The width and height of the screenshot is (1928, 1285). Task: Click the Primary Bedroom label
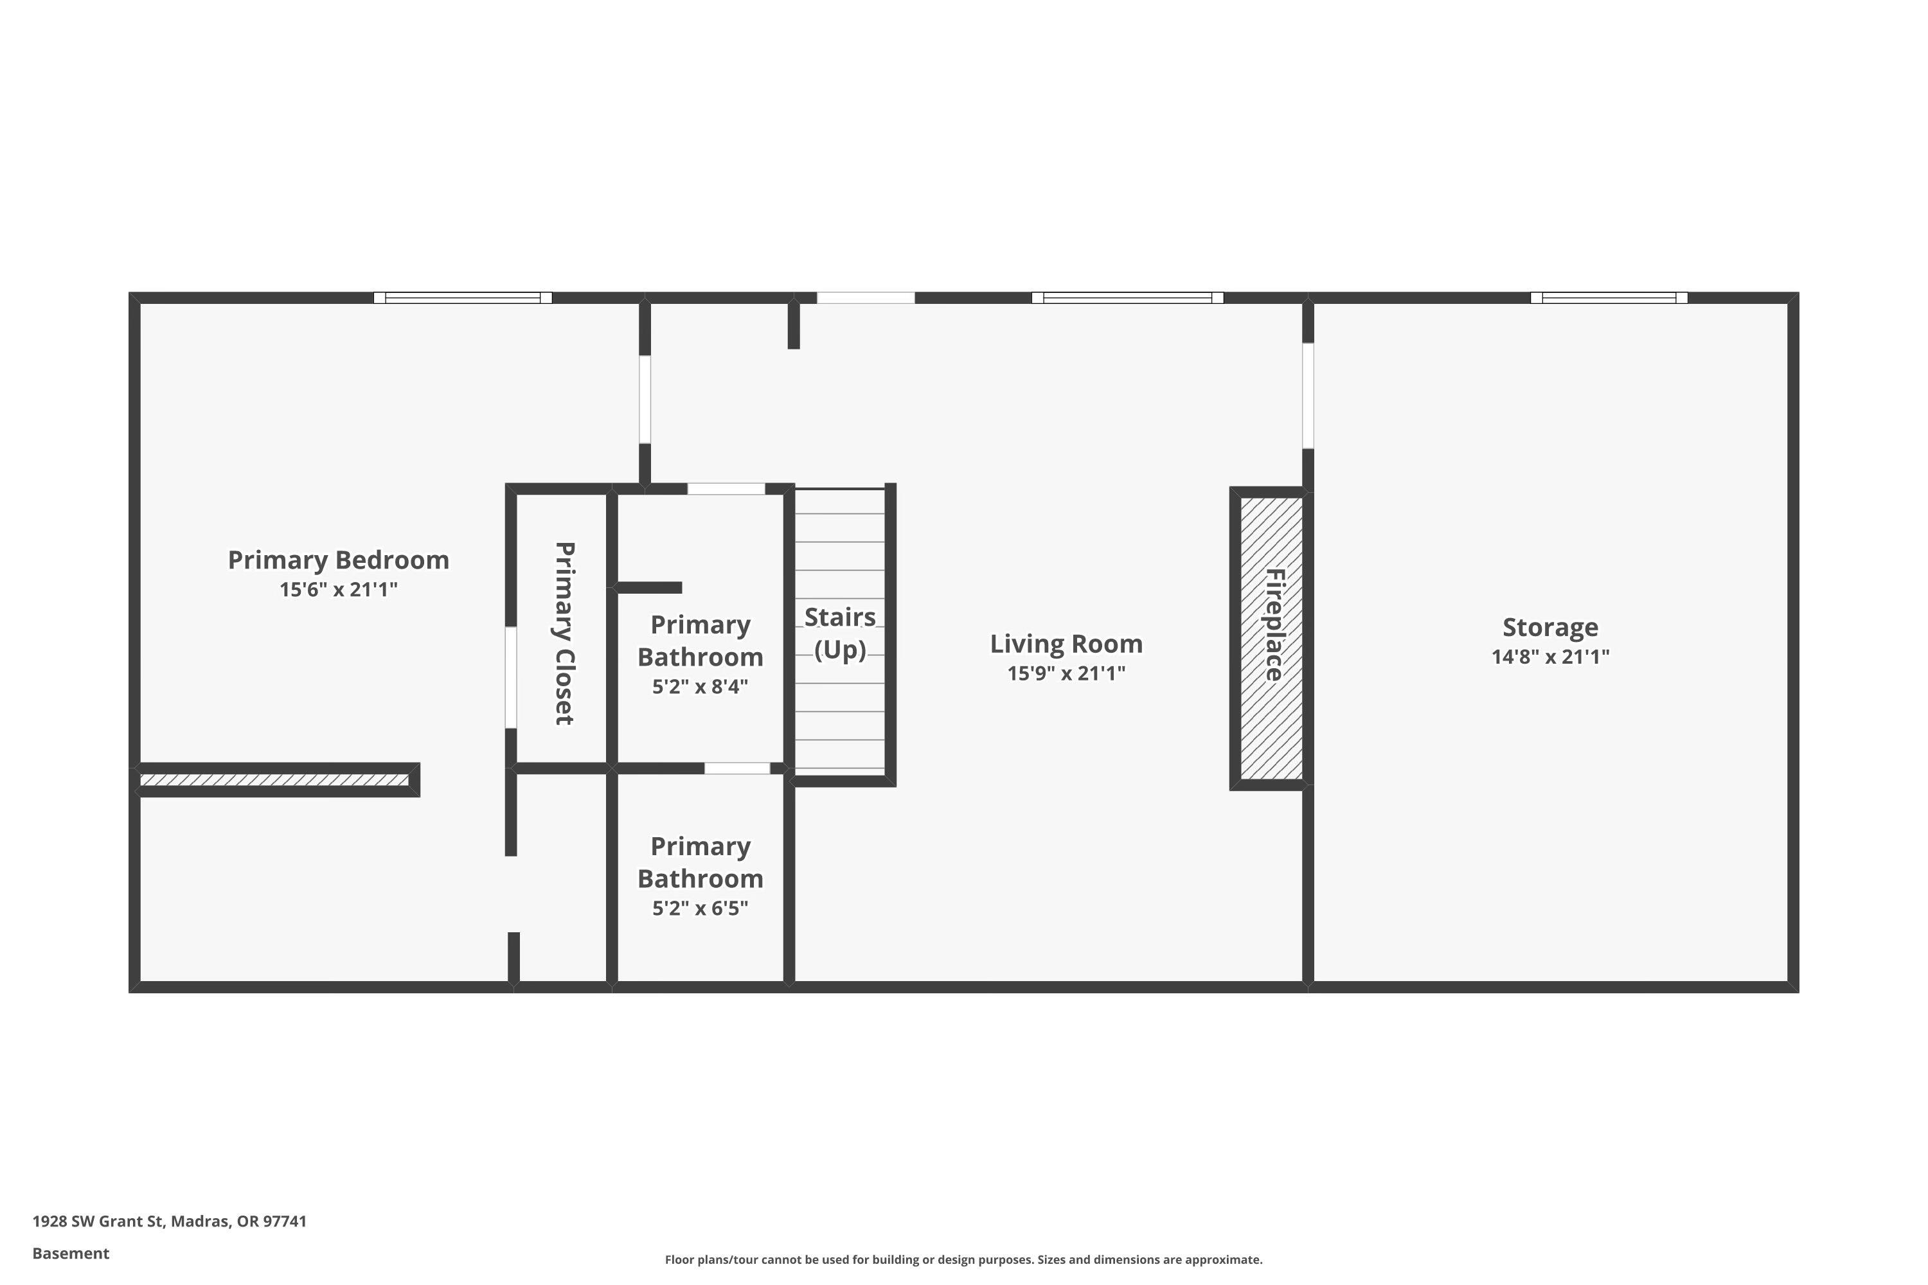pyautogui.click(x=338, y=560)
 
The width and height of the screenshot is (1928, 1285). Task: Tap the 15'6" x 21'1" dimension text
pyautogui.click(x=338, y=589)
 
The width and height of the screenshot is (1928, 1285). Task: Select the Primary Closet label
pyautogui.click(x=564, y=633)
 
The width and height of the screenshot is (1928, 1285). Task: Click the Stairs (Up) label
pyautogui.click(x=839, y=633)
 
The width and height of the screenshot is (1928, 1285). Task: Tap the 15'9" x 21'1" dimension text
pyautogui.click(x=1066, y=673)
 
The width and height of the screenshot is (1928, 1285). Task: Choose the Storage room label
pyautogui.click(x=1549, y=627)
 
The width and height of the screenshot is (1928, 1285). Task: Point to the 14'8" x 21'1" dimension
pyautogui.click(x=1549, y=657)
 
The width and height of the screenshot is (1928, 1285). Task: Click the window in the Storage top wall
pyautogui.click(x=1609, y=297)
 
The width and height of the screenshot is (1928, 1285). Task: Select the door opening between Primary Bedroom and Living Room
pyautogui.click(x=645, y=399)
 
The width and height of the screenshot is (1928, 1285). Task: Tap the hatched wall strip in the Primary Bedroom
pyautogui.click(x=274, y=779)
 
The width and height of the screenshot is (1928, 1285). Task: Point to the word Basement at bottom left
pyautogui.click(x=71, y=1253)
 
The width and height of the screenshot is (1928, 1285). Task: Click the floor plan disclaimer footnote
pyautogui.click(x=963, y=1259)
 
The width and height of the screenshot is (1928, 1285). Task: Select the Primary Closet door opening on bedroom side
pyautogui.click(x=511, y=677)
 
